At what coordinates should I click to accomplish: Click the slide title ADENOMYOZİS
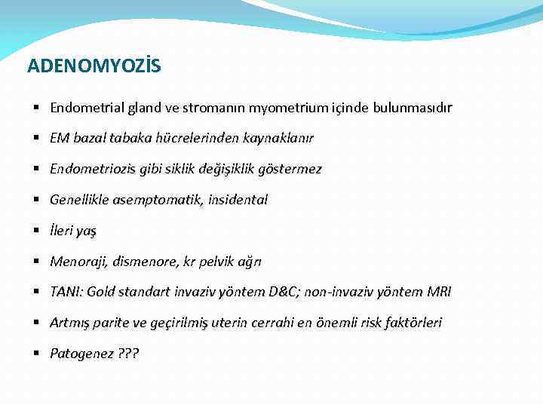point(94,66)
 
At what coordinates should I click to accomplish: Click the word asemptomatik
point(155,200)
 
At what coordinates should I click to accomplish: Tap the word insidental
point(237,200)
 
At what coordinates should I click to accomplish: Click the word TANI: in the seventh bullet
point(66,292)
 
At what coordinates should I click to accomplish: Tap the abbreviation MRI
point(438,292)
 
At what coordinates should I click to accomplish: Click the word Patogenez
point(80,353)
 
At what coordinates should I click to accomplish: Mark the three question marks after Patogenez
point(128,353)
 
